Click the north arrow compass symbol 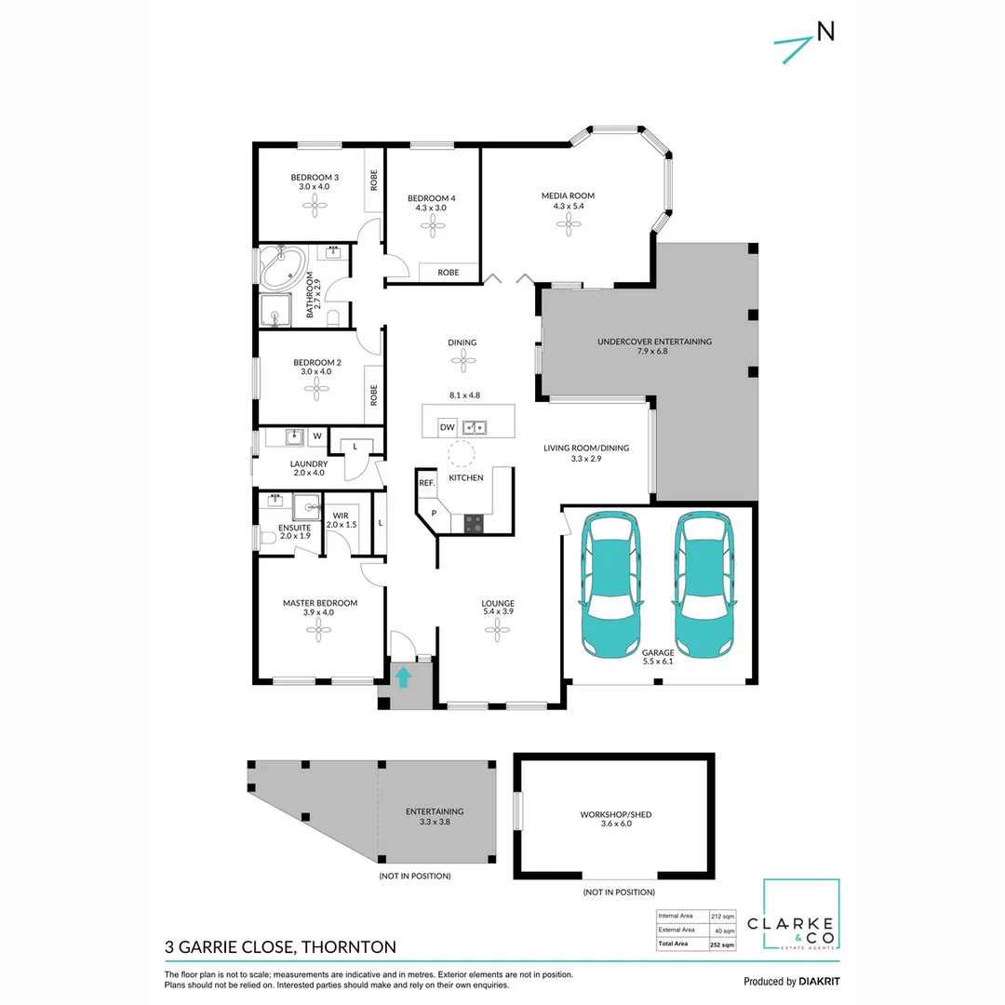[802, 42]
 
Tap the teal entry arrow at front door [403, 677]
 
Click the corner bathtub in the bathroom [281, 267]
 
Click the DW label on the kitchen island [447, 427]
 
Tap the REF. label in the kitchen [427, 483]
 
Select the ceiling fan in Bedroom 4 [432, 227]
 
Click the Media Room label [568, 195]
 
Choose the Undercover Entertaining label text [654, 342]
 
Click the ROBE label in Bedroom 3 [374, 180]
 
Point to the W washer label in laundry [317, 435]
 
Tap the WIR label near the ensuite [341, 515]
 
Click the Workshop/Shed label [616, 814]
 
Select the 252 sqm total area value [722, 944]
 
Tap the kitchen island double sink [476, 427]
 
